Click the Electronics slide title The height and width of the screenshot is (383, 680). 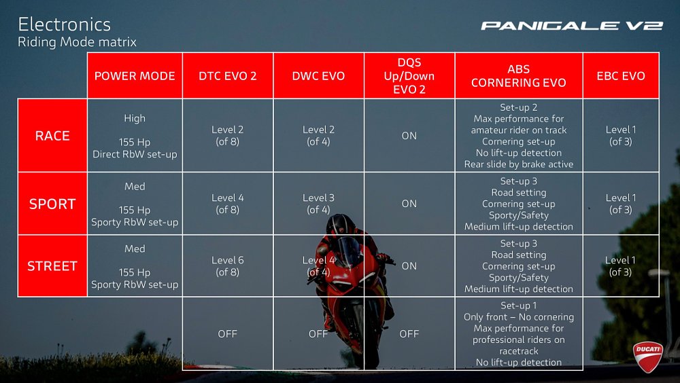click(x=64, y=24)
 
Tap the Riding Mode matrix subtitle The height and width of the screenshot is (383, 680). click(x=77, y=42)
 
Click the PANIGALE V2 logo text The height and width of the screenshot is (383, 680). click(x=571, y=26)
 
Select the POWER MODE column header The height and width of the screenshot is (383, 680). click(x=135, y=76)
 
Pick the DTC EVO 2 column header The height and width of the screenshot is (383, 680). click(x=228, y=76)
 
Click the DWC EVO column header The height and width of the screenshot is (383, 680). click(x=318, y=76)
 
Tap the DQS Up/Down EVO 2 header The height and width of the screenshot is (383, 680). click(x=409, y=75)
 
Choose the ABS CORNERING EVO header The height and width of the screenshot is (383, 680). click(x=518, y=75)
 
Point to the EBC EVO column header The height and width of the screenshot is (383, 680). click(x=620, y=76)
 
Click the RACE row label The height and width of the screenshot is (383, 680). click(x=52, y=136)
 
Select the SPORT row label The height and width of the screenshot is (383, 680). click(x=52, y=204)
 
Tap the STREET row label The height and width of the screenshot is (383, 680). click(x=52, y=266)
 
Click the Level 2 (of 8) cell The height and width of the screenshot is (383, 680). click(x=228, y=136)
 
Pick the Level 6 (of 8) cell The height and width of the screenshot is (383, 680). click(x=228, y=266)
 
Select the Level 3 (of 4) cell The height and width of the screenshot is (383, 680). click(x=318, y=204)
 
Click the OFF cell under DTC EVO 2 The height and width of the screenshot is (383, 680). click(x=228, y=334)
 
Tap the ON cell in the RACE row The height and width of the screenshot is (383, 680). click(x=409, y=136)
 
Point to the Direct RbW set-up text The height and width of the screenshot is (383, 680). click(x=135, y=154)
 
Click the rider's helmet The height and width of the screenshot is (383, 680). click(x=341, y=224)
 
